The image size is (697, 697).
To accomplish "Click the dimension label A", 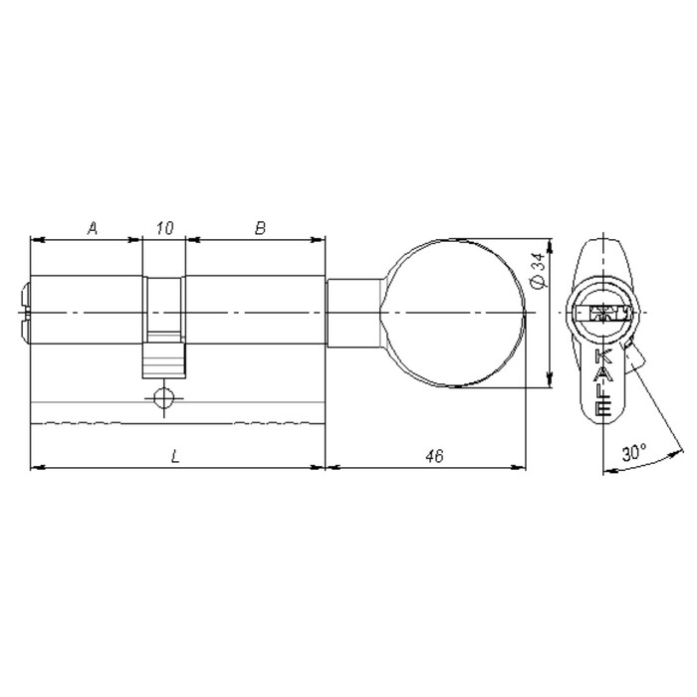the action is click(x=92, y=228).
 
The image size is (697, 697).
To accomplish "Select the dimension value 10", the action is click(x=164, y=228).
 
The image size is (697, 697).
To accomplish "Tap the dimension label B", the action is click(x=260, y=228).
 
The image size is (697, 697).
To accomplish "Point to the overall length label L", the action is click(x=175, y=456).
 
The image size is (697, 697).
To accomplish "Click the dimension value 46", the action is click(x=434, y=456).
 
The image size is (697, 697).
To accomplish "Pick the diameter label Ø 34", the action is click(x=538, y=271).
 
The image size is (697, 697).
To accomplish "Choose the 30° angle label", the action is click(x=634, y=453).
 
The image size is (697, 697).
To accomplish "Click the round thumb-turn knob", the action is click(x=452, y=313).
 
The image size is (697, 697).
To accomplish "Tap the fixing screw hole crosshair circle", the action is click(x=164, y=397).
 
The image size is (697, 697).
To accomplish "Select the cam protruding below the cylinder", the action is click(x=163, y=360).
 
